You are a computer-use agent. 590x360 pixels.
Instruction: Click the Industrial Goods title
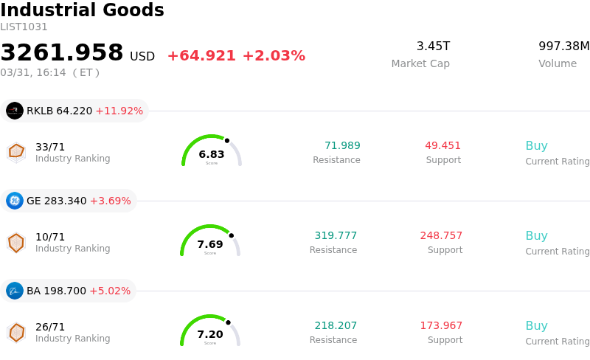82,10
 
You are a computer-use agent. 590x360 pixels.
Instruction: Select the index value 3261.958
62,53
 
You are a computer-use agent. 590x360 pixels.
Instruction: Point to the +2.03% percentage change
274,56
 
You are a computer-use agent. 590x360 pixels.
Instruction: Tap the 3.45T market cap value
433,46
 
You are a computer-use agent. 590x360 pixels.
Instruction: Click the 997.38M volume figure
564,46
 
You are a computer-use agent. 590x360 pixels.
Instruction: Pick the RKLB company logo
15,111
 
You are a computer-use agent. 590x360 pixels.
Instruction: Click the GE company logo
15,201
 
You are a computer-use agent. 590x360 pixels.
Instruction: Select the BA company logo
15,291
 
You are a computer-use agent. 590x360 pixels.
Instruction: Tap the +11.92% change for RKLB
119,111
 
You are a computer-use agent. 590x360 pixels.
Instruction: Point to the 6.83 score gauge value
212,154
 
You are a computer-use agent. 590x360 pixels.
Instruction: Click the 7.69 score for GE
210,244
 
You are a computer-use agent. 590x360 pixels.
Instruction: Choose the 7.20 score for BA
210,334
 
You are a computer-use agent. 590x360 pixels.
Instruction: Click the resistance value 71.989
342,145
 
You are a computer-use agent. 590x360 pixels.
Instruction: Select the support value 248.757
441,235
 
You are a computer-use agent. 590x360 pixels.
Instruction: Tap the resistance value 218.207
336,325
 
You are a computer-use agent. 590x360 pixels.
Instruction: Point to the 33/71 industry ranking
50,147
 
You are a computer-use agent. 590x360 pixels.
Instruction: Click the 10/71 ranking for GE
50,237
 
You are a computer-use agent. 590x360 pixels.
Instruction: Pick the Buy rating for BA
536,325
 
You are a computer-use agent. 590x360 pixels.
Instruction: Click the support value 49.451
442,145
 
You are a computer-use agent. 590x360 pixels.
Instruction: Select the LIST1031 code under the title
24,27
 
